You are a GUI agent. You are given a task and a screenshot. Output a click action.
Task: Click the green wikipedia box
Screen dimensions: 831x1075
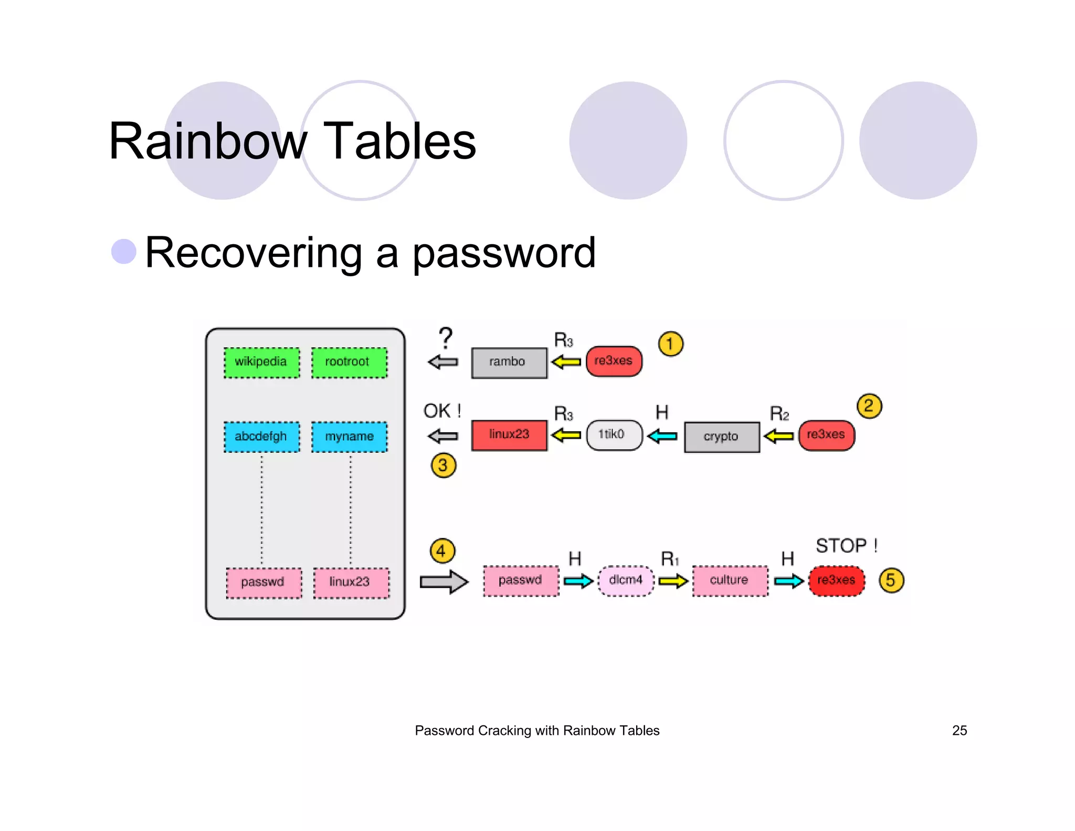(261, 362)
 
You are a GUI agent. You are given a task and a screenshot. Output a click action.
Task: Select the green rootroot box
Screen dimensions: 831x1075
(349, 362)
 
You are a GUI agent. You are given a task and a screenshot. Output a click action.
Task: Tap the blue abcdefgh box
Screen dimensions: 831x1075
(261, 437)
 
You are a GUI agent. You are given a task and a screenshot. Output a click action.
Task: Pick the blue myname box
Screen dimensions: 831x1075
(349, 437)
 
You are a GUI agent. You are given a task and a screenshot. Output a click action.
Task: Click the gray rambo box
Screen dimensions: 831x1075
(509, 362)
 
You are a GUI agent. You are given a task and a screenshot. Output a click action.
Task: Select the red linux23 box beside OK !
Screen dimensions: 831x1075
(509, 435)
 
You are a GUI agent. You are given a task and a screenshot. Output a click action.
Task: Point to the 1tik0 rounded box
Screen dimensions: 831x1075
(614, 435)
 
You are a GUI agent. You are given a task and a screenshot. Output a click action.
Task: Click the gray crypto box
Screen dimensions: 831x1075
(721, 437)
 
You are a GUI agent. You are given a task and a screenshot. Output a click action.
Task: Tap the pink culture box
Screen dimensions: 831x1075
(730, 580)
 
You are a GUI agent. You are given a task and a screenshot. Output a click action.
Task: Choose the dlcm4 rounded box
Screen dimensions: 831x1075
(626, 580)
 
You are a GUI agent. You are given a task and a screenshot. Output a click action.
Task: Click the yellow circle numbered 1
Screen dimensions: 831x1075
(670, 344)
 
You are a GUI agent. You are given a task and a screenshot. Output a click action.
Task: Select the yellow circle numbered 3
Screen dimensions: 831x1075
(443, 465)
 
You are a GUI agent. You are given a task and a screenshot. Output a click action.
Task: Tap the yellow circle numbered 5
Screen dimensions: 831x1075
(891, 580)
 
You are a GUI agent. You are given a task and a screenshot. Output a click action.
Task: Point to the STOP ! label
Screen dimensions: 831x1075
(846, 546)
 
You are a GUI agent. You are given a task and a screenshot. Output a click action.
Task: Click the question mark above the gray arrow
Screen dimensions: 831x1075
(446, 338)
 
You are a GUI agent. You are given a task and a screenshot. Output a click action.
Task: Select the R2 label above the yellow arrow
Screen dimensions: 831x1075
(779, 414)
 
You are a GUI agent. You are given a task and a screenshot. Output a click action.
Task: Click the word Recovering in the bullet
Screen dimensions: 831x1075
(253, 253)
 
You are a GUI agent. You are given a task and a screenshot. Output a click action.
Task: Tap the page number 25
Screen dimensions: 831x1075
(959, 731)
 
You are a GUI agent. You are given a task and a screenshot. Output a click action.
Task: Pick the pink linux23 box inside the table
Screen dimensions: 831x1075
(351, 583)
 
